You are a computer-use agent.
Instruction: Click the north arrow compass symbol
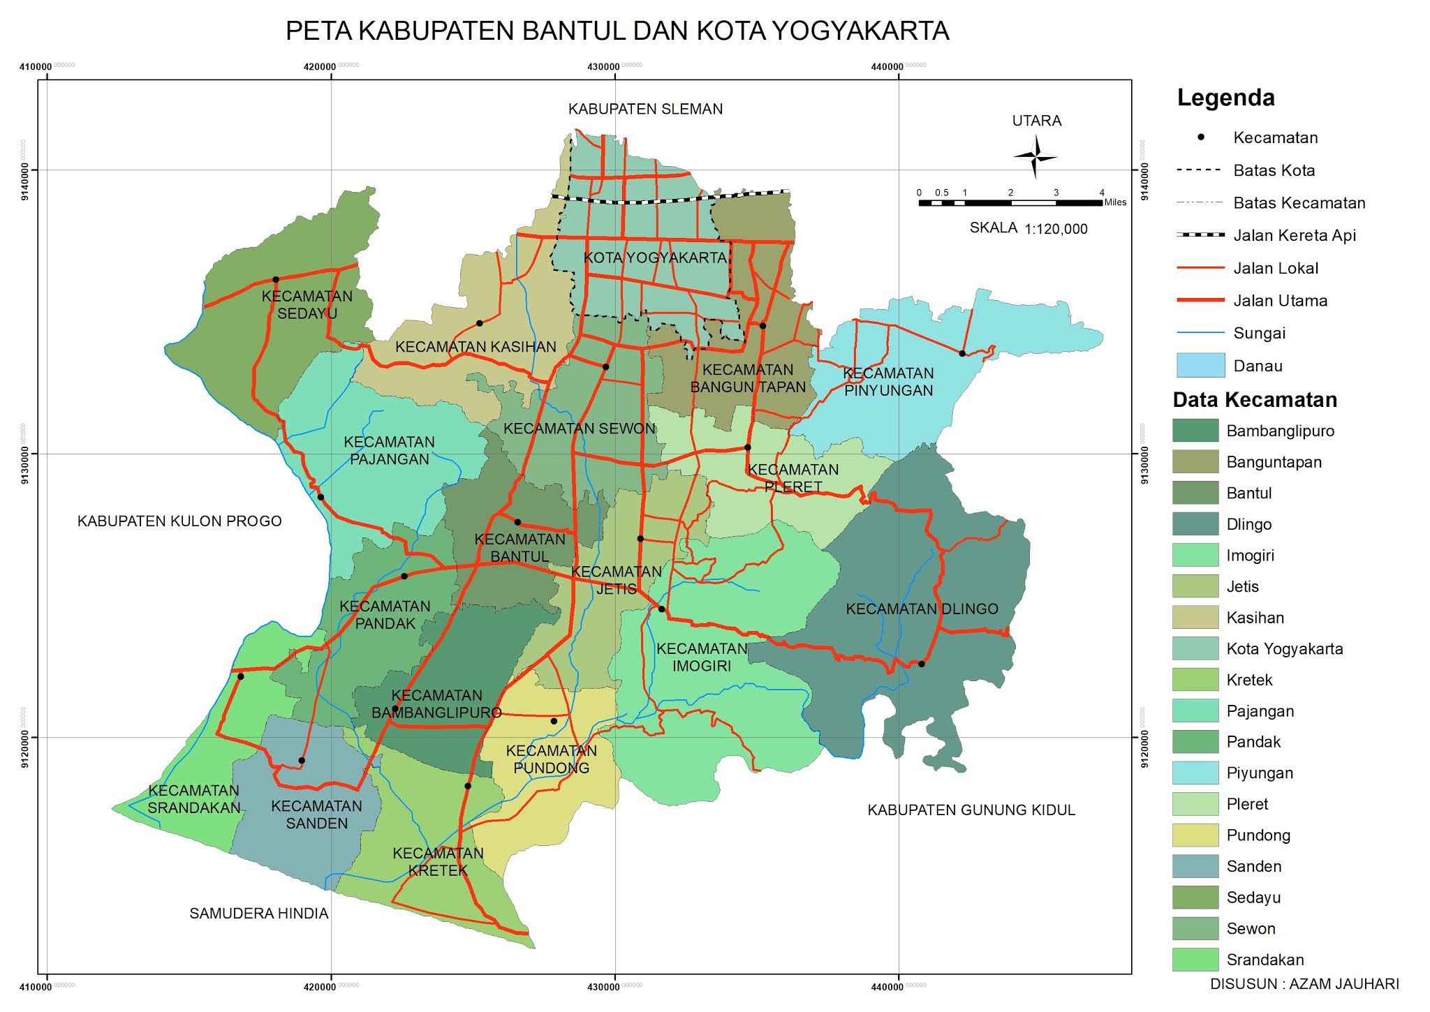click(1035, 157)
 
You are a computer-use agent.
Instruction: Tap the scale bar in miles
click(1010, 203)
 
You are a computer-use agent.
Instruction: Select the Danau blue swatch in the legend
click(1200, 366)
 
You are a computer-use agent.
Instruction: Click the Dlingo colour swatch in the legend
click(1195, 524)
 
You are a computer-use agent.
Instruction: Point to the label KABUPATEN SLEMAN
click(645, 109)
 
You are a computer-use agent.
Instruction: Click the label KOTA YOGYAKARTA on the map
click(655, 258)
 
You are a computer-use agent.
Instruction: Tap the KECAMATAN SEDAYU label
click(307, 305)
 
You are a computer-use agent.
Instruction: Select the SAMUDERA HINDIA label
click(258, 914)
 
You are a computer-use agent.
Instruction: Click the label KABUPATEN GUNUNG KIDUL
click(971, 810)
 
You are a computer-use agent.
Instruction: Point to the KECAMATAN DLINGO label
click(922, 609)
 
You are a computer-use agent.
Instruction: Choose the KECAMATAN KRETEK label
click(438, 862)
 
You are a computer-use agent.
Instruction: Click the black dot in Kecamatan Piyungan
click(962, 354)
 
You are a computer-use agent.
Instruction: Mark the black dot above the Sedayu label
click(276, 280)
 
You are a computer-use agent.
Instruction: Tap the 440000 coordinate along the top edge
click(887, 67)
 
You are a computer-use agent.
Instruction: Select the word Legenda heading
click(1225, 98)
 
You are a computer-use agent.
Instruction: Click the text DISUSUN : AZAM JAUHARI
click(1304, 984)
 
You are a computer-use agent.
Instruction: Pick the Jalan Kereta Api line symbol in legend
click(1200, 235)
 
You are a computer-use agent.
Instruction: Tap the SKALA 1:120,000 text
click(1028, 228)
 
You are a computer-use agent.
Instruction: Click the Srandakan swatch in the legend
click(1195, 960)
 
